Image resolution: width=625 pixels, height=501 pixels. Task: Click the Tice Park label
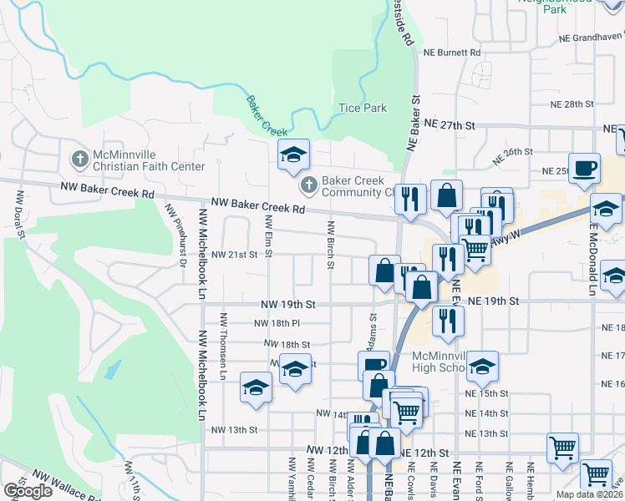point(363,108)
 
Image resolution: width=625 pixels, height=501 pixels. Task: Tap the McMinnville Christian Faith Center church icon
point(79,158)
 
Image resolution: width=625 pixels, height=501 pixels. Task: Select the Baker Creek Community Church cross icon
point(307,185)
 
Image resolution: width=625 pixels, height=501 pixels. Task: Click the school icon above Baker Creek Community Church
point(293,154)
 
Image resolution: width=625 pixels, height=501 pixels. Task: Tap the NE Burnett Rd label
point(452,53)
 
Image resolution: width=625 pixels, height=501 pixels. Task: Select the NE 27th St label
point(449,124)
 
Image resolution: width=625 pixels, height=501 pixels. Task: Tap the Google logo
point(28,491)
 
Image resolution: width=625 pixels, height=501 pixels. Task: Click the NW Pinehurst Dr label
point(175,236)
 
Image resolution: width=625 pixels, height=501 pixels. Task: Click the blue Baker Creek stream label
point(267,116)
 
